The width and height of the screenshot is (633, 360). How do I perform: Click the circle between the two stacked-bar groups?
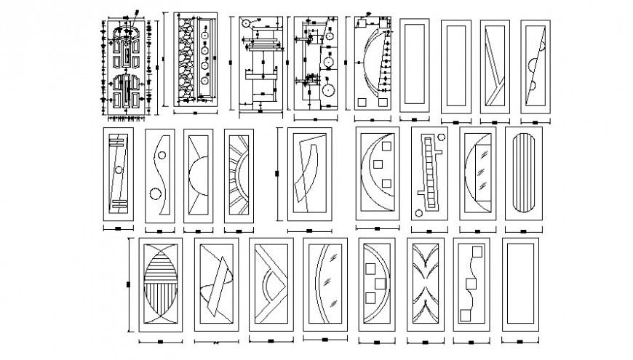[x=116, y=172]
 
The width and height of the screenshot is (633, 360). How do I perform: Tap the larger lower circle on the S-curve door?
[x=155, y=194]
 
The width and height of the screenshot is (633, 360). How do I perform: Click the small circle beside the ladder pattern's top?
[x=440, y=137]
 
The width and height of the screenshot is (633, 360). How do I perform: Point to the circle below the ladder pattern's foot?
[x=418, y=214]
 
